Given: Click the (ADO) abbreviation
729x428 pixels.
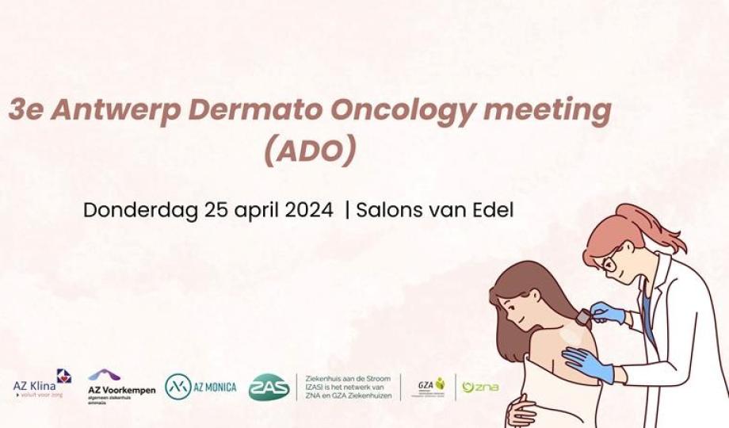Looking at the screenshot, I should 309,151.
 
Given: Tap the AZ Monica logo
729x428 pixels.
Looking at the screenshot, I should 200,387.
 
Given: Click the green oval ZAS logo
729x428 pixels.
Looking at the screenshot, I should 269,387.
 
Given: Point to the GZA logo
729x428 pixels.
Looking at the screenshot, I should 432,387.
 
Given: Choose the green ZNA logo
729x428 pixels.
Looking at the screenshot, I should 480,387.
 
